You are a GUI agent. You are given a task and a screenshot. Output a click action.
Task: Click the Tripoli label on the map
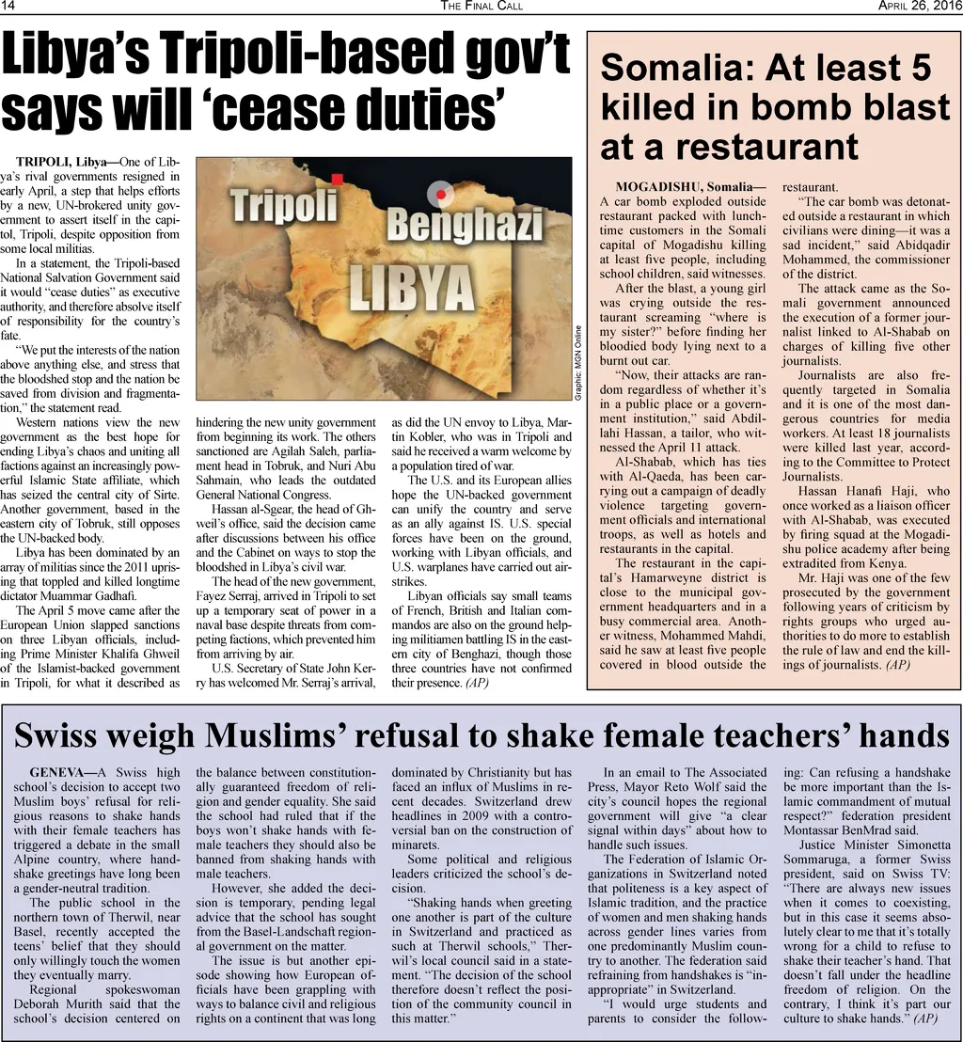tap(284, 203)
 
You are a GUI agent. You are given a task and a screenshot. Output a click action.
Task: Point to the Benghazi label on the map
tap(465, 226)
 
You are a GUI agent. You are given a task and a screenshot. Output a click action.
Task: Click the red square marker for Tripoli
tap(337, 178)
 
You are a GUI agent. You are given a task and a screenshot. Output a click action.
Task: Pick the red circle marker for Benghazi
tap(438, 195)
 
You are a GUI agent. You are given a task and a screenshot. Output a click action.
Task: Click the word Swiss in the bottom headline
tap(63, 735)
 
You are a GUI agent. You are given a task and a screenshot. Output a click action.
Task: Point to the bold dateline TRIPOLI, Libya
tap(67, 162)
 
